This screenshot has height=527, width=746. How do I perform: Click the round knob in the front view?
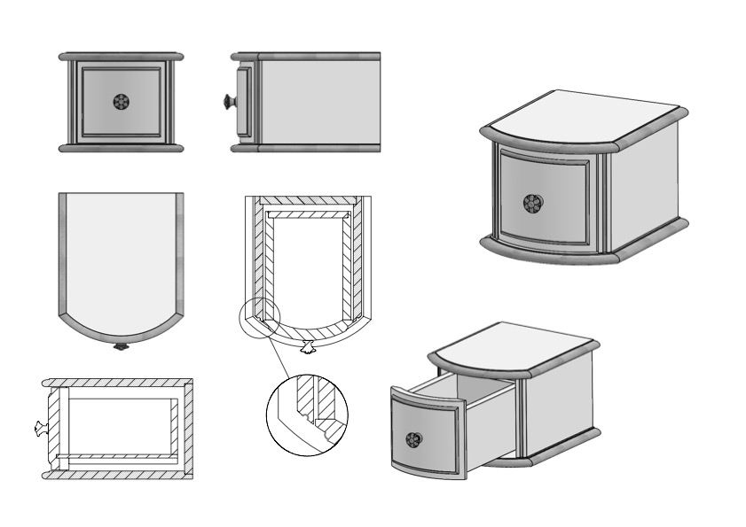click(x=121, y=102)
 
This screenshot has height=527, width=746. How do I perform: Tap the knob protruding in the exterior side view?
click(x=230, y=102)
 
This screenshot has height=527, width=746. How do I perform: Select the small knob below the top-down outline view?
click(x=122, y=346)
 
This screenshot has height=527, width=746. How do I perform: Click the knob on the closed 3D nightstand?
click(x=532, y=203)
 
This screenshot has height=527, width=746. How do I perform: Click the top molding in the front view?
click(x=121, y=56)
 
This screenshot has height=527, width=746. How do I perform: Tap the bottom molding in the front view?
click(x=121, y=148)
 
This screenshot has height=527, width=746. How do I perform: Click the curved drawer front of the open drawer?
click(x=426, y=434)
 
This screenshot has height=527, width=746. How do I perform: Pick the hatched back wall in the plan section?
click(x=308, y=201)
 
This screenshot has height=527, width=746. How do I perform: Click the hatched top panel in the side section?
click(x=120, y=383)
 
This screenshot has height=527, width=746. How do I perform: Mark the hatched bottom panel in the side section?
click(x=120, y=475)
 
